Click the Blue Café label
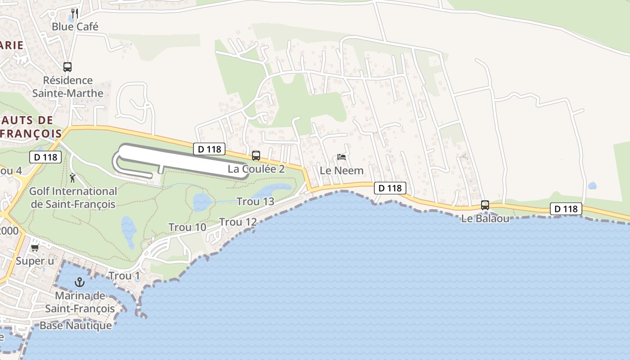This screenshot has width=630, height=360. point(75,27)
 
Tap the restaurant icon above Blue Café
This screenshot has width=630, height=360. point(75,13)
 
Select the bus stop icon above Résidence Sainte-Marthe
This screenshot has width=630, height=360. point(67,67)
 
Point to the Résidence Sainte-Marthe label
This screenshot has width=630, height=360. point(67,87)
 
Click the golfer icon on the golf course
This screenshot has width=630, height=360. point(72,178)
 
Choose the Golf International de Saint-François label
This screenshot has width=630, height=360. point(73,198)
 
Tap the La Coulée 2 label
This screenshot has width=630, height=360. point(256,169)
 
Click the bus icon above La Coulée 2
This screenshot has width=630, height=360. point(256,156)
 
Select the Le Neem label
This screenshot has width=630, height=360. point(342,171)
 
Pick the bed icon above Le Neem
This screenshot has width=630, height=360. point(342,157)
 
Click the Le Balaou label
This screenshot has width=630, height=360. point(485,219)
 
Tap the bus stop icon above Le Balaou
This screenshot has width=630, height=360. point(485,205)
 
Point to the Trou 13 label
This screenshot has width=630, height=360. point(255,202)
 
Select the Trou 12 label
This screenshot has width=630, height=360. point(238,222)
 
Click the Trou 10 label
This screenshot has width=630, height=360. point(187,228)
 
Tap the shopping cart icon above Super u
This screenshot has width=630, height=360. point(35,247)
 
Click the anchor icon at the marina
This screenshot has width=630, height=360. point(80,282)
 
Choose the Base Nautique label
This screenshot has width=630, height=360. point(76,325)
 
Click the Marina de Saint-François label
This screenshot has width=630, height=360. point(80,302)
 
